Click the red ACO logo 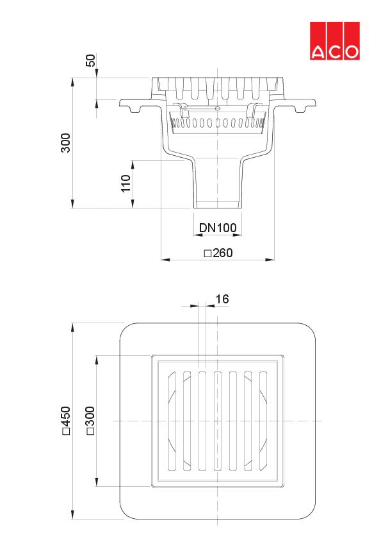point(335,41)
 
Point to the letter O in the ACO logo point(351,52)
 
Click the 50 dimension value point(90,61)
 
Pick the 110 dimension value point(126,183)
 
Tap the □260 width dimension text point(218,253)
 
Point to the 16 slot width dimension point(222,299)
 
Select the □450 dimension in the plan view point(65,424)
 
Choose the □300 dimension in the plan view point(90,421)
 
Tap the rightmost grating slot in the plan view point(263,421)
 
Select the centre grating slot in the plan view point(218,421)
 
